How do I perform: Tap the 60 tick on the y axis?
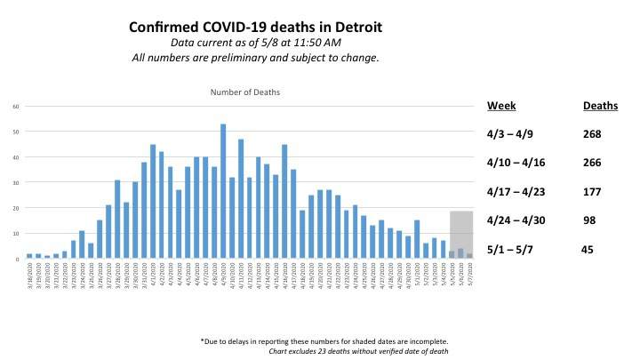[x=15, y=107]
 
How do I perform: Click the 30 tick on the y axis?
[x=15, y=183]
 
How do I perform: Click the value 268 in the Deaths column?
[x=593, y=134]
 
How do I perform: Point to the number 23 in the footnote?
[x=336, y=351]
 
